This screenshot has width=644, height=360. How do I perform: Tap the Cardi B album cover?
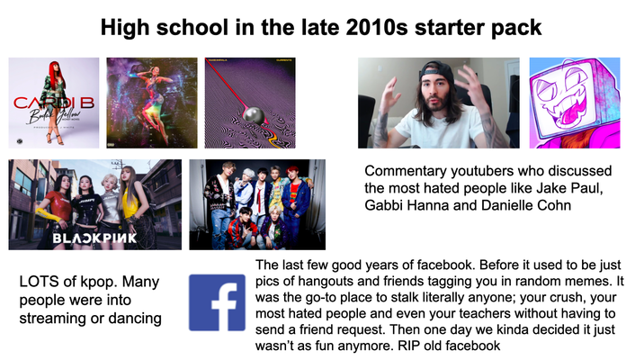pyautogui.click(x=54, y=103)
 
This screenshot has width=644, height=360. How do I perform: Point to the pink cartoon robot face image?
pyautogui.click(x=575, y=103)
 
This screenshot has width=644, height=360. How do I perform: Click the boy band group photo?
pyautogui.click(x=256, y=204)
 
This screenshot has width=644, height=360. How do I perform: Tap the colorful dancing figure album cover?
pyautogui.click(x=152, y=103)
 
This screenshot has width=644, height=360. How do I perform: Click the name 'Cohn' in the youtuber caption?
pyautogui.click(x=565, y=207)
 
